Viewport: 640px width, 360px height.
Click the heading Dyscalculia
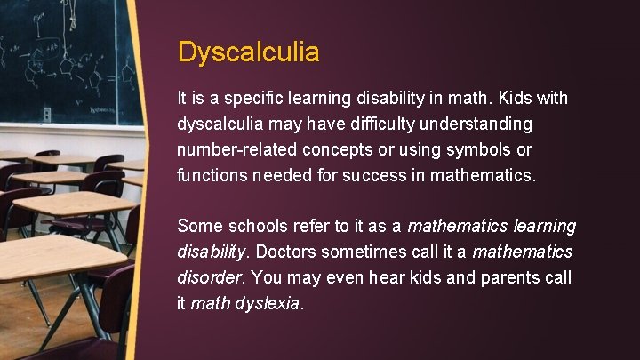point(248,52)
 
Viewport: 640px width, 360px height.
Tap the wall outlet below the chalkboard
point(47,114)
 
